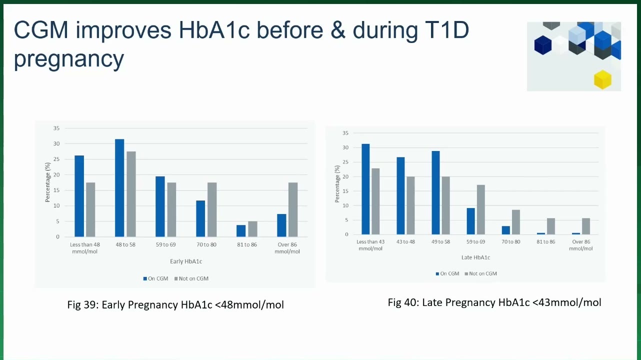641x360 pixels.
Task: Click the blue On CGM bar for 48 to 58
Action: (119, 188)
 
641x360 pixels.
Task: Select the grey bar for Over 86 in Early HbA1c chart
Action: (293, 210)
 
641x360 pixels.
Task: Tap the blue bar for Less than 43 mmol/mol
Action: (365, 189)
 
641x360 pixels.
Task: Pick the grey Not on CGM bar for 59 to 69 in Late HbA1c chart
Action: (481, 210)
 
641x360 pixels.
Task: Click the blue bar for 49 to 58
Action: (436, 192)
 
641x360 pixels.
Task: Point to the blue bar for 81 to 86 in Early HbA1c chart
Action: (241, 231)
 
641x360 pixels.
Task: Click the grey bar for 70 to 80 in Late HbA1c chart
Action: (516, 222)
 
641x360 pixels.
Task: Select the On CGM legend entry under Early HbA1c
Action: (155, 278)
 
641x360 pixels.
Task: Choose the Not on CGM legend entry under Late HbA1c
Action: (481, 273)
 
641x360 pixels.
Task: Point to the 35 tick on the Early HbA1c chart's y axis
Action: (56, 128)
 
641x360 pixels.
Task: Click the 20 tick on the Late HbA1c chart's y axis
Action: (345, 176)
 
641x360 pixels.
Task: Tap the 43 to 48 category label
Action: (405, 242)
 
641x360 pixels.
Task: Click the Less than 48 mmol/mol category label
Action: (84, 248)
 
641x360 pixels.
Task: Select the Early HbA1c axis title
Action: (186, 261)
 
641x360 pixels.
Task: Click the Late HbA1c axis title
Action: (475, 257)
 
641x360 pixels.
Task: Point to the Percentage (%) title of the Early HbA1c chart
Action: (47, 182)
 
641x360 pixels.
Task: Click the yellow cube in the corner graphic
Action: (602, 79)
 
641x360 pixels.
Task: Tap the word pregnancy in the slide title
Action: (69, 59)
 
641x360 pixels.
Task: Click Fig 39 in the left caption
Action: (82, 305)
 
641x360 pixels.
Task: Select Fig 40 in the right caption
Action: (403, 303)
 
